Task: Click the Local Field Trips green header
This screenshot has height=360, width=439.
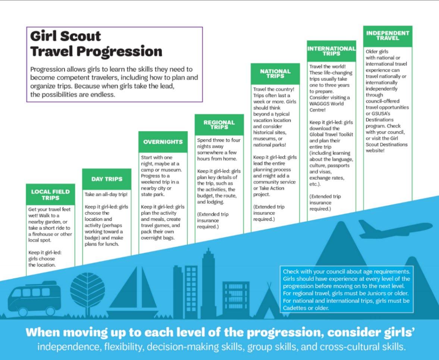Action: (x=50, y=195)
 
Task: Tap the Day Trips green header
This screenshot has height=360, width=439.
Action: (x=107, y=179)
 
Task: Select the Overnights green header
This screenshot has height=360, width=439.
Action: (x=163, y=142)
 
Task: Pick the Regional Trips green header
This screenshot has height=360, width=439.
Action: (x=219, y=125)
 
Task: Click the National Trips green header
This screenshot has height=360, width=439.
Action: (x=276, y=74)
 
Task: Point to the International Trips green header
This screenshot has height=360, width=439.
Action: (x=332, y=51)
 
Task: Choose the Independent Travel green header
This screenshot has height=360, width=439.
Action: (x=388, y=36)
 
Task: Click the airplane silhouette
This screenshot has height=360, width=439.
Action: (x=395, y=229)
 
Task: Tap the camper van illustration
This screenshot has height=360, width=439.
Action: (x=34, y=298)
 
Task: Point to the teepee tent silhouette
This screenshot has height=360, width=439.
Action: (x=269, y=301)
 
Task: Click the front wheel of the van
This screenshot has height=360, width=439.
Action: (x=51, y=311)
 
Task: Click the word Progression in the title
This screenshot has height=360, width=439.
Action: (x=119, y=51)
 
